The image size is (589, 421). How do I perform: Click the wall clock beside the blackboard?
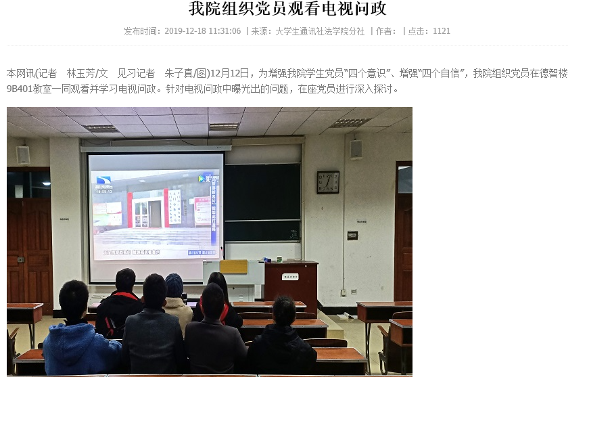pos(328,182)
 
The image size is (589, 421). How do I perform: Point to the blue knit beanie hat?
pos(174,285)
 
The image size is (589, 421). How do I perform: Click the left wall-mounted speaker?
pos(23,155)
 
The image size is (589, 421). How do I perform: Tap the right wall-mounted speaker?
pos(356,149)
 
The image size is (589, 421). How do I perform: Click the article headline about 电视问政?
pos(287,9)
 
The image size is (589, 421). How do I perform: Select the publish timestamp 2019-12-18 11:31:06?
pos(202,31)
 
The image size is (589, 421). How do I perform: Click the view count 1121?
pos(442,31)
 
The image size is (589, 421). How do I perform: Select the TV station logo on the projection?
pos(103,181)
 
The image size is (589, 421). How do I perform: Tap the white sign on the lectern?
pos(291,276)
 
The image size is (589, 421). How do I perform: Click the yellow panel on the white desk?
pos(233,267)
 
